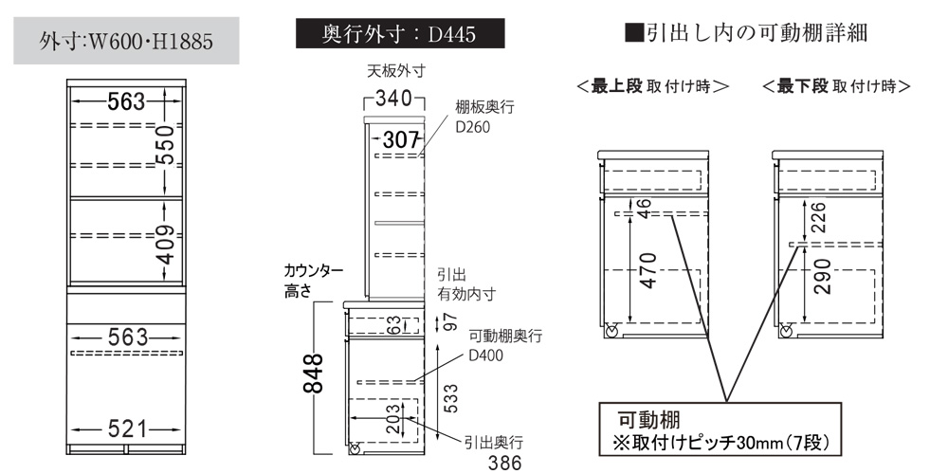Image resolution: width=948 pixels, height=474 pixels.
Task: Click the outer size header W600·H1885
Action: click(126, 41)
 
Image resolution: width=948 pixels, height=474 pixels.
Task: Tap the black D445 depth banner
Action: click(400, 33)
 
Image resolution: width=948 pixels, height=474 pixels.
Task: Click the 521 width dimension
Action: click(128, 429)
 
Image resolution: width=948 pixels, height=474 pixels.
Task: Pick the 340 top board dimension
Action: click(394, 98)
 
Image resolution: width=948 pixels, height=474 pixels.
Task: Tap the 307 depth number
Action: click(401, 140)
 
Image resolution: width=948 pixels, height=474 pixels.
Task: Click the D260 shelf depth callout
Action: click(473, 128)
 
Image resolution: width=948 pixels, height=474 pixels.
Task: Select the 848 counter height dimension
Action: click(313, 373)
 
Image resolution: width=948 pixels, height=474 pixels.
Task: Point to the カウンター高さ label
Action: click(314, 282)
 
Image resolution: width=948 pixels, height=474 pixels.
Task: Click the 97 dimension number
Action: click(449, 323)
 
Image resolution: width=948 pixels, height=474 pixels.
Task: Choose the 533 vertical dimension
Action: click(451, 398)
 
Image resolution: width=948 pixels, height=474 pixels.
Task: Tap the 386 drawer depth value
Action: click(504, 464)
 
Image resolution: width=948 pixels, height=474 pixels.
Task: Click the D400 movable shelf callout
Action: click(486, 356)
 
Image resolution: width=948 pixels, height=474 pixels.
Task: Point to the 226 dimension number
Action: click(820, 217)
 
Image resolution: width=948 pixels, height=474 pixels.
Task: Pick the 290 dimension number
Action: click(822, 276)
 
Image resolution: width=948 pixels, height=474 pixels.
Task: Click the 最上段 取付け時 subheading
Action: click(653, 86)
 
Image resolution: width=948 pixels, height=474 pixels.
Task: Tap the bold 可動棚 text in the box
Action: click(648, 420)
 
